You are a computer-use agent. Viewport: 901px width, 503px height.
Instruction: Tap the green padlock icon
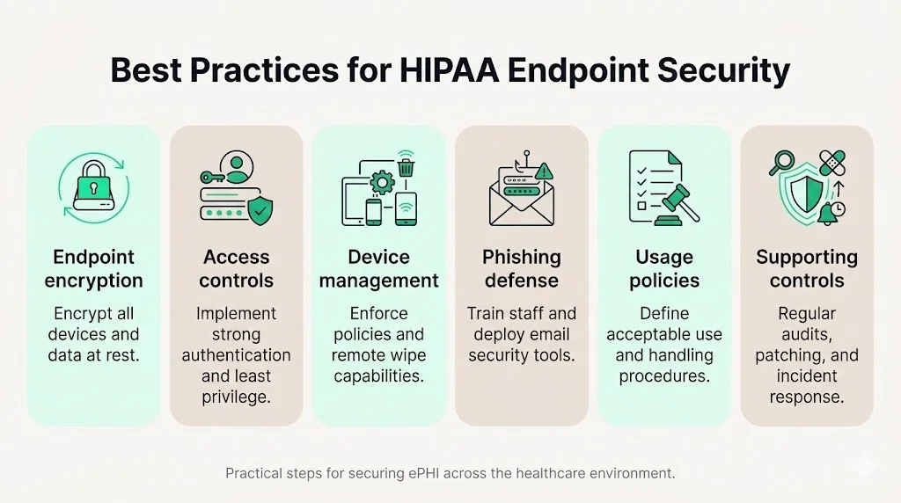(93, 182)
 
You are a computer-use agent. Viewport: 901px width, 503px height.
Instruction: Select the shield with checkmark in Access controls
(260, 209)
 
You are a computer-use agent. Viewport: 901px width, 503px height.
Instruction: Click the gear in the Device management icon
(381, 183)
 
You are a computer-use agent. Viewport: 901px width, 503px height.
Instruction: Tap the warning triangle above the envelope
(544, 171)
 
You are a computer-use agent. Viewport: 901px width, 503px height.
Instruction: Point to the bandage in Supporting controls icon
(831, 163)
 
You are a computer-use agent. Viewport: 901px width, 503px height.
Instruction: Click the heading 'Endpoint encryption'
(93, 268)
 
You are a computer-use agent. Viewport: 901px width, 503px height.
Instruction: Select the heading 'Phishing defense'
(521, 268)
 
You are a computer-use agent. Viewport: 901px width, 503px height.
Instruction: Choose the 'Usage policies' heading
(664, 268)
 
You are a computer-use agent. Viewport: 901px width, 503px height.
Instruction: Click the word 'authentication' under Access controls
(236, 355)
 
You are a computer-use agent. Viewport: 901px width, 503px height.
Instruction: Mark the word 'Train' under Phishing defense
(486, 313)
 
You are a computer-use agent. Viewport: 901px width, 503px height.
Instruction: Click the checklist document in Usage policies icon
(647, 186)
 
